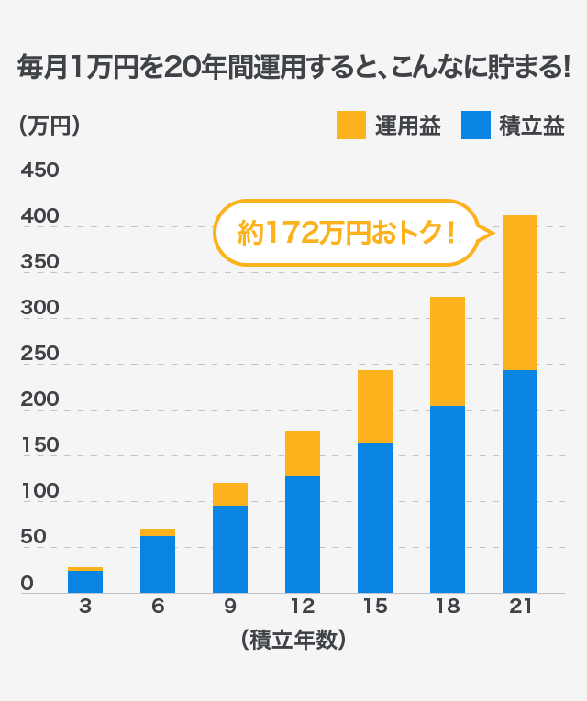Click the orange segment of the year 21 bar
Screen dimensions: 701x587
pos(519,293)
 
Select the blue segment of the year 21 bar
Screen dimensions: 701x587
pos(519,481)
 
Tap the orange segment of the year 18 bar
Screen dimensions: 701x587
pos(447,351)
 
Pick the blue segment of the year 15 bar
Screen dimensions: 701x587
pos(374,518)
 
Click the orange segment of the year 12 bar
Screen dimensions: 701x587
pos(302,454)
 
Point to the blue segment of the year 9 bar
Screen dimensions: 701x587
pos(229,550)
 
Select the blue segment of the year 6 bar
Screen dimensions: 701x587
pos(157,564)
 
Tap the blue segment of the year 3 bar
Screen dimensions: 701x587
pos(84,582)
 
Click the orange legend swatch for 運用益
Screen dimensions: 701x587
pos(351,126)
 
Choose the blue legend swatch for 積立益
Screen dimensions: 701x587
pos(476,126)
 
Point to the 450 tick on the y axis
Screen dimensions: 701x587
pos(39,170)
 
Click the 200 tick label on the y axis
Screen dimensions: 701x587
pos(39,400)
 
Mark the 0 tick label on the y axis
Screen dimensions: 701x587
pos(28,583)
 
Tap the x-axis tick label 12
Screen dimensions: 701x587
pos(302,606)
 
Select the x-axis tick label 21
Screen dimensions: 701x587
pos(519,606)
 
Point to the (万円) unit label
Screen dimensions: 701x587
pos(50,126)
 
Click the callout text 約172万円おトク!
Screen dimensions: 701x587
pos(347,233)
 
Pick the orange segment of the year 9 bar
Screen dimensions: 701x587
pos(229,494)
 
